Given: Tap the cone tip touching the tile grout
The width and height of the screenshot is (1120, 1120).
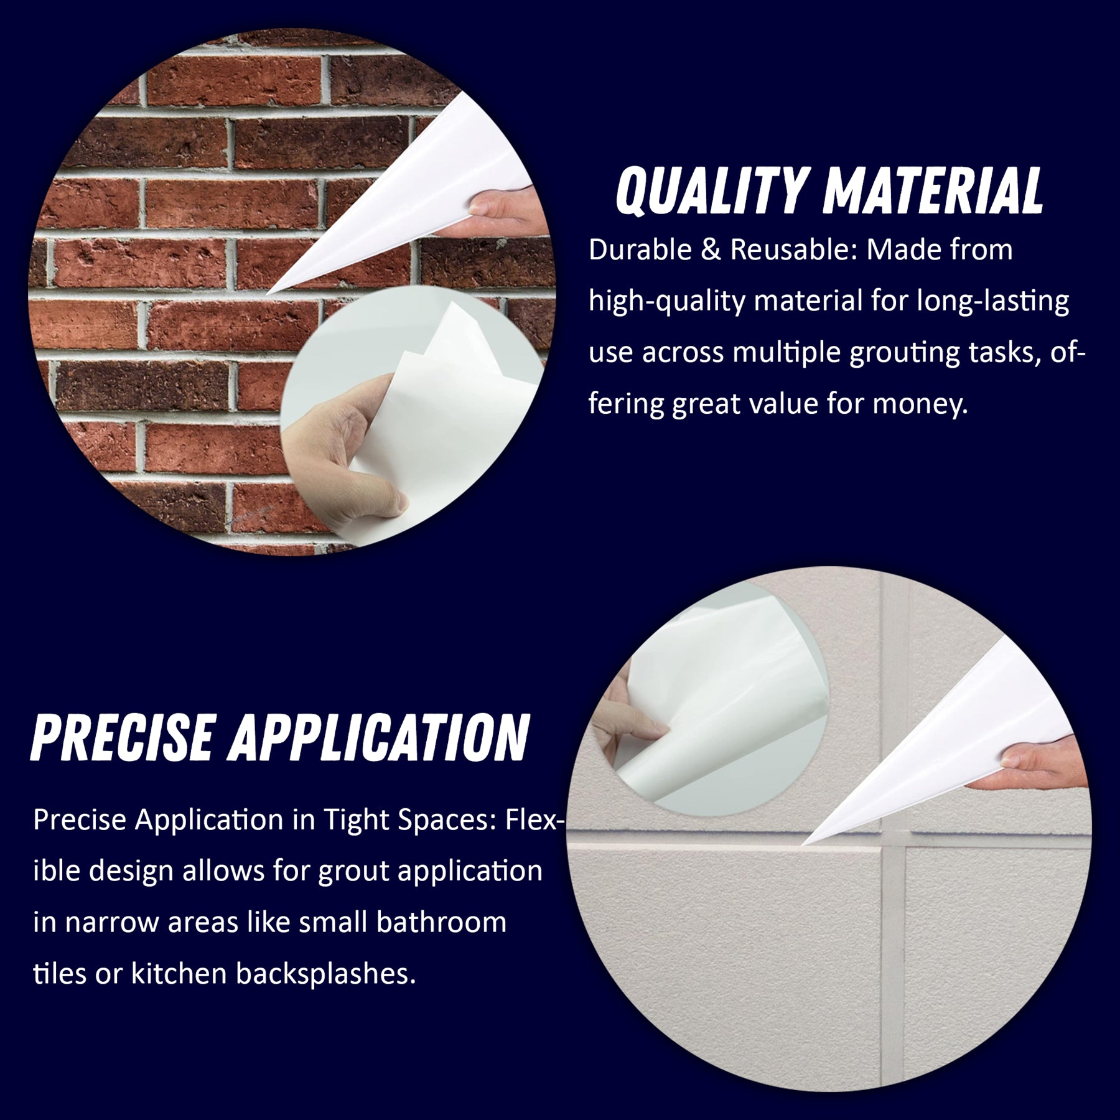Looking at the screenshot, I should pos(803,844).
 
